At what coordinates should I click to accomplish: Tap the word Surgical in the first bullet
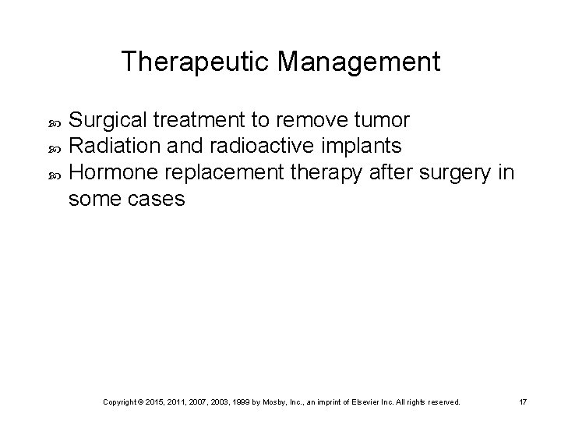[x=108, y=121]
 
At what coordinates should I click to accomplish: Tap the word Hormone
[x=112, y=172]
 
